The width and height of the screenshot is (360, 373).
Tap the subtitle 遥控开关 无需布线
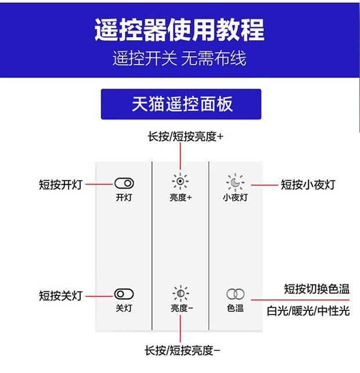(179, 59)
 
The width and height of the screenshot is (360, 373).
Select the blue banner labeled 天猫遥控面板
(181, 104)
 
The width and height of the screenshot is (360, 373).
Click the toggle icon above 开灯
(124, 184)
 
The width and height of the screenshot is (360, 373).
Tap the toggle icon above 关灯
(124, 294)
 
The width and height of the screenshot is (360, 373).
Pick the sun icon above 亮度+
(181, 182)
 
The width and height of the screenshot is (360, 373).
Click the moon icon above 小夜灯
(235, 183)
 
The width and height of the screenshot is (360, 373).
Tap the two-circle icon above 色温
(235, 294)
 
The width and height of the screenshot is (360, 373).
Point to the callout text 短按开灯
(60, 184)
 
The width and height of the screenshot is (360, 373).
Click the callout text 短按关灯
(60, 295)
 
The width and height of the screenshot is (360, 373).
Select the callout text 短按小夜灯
(308, 184)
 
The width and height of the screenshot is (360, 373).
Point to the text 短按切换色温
(316, 288)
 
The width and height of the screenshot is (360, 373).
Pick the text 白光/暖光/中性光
(308, 311)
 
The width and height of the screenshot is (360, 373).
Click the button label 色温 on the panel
(235, 308)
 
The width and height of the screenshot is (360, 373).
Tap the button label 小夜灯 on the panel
(235, 197)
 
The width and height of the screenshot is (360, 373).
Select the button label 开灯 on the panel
(124, 197)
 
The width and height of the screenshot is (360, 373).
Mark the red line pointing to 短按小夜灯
(264, 184)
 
